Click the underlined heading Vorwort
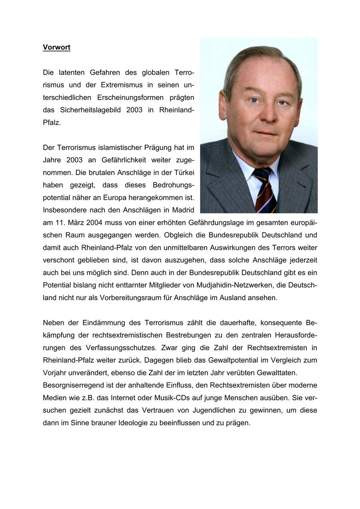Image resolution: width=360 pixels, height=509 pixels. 56,47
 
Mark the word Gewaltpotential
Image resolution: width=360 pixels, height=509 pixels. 232,360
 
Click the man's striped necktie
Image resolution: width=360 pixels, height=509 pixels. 264,190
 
